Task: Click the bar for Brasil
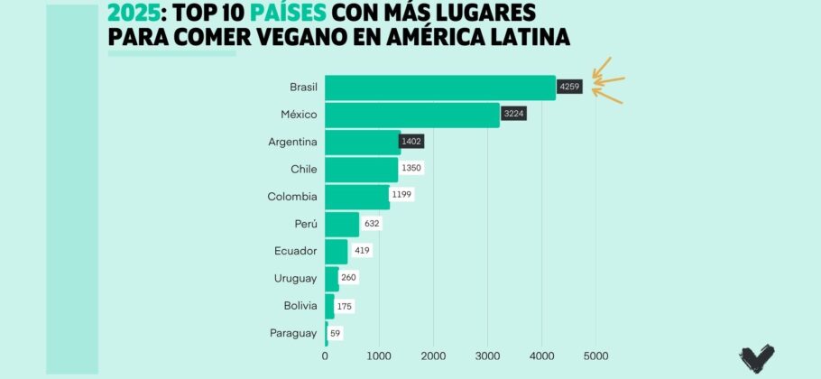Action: [439, 88]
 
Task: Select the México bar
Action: [411, 115]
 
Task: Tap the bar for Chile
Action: [361, 169]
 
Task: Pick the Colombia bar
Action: [357, 196]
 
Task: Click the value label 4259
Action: [569, 88]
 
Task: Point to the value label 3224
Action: [513, 115]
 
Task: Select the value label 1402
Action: [411, 142]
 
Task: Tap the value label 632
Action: [371, 223]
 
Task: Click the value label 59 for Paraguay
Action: [336, 333]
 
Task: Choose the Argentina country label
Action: [292, 142]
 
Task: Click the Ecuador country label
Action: [295, 251]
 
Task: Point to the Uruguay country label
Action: [295, 278]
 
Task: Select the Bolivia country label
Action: [298, 306]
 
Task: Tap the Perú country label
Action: [304, 223]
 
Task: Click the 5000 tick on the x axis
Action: [595, 355]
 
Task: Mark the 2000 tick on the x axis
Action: [433, 355]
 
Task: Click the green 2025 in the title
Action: [135, 13]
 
